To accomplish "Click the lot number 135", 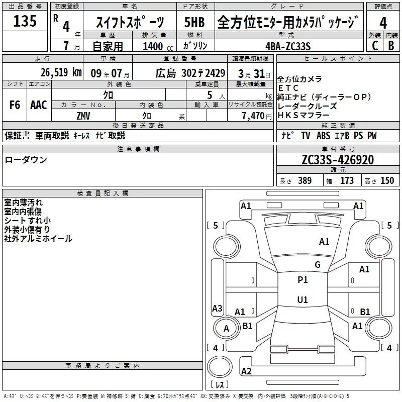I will (25, 22).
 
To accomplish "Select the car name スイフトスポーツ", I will (130, 23).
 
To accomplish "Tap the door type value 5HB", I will (194, 23).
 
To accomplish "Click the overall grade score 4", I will (383, 23).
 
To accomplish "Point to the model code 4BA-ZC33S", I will (288, 46).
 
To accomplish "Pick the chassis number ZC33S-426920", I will (338, 160).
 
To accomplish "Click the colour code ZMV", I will (84, 116).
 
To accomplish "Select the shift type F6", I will (15, 105).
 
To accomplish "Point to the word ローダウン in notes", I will (26, 160).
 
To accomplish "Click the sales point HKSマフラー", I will (300, 116).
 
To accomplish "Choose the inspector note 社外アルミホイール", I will (38, 238).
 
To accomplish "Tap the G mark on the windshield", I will (317, 265).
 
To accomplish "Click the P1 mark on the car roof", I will (303, 279).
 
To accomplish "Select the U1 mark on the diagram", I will (303, 300).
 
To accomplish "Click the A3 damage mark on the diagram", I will (217, 308).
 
